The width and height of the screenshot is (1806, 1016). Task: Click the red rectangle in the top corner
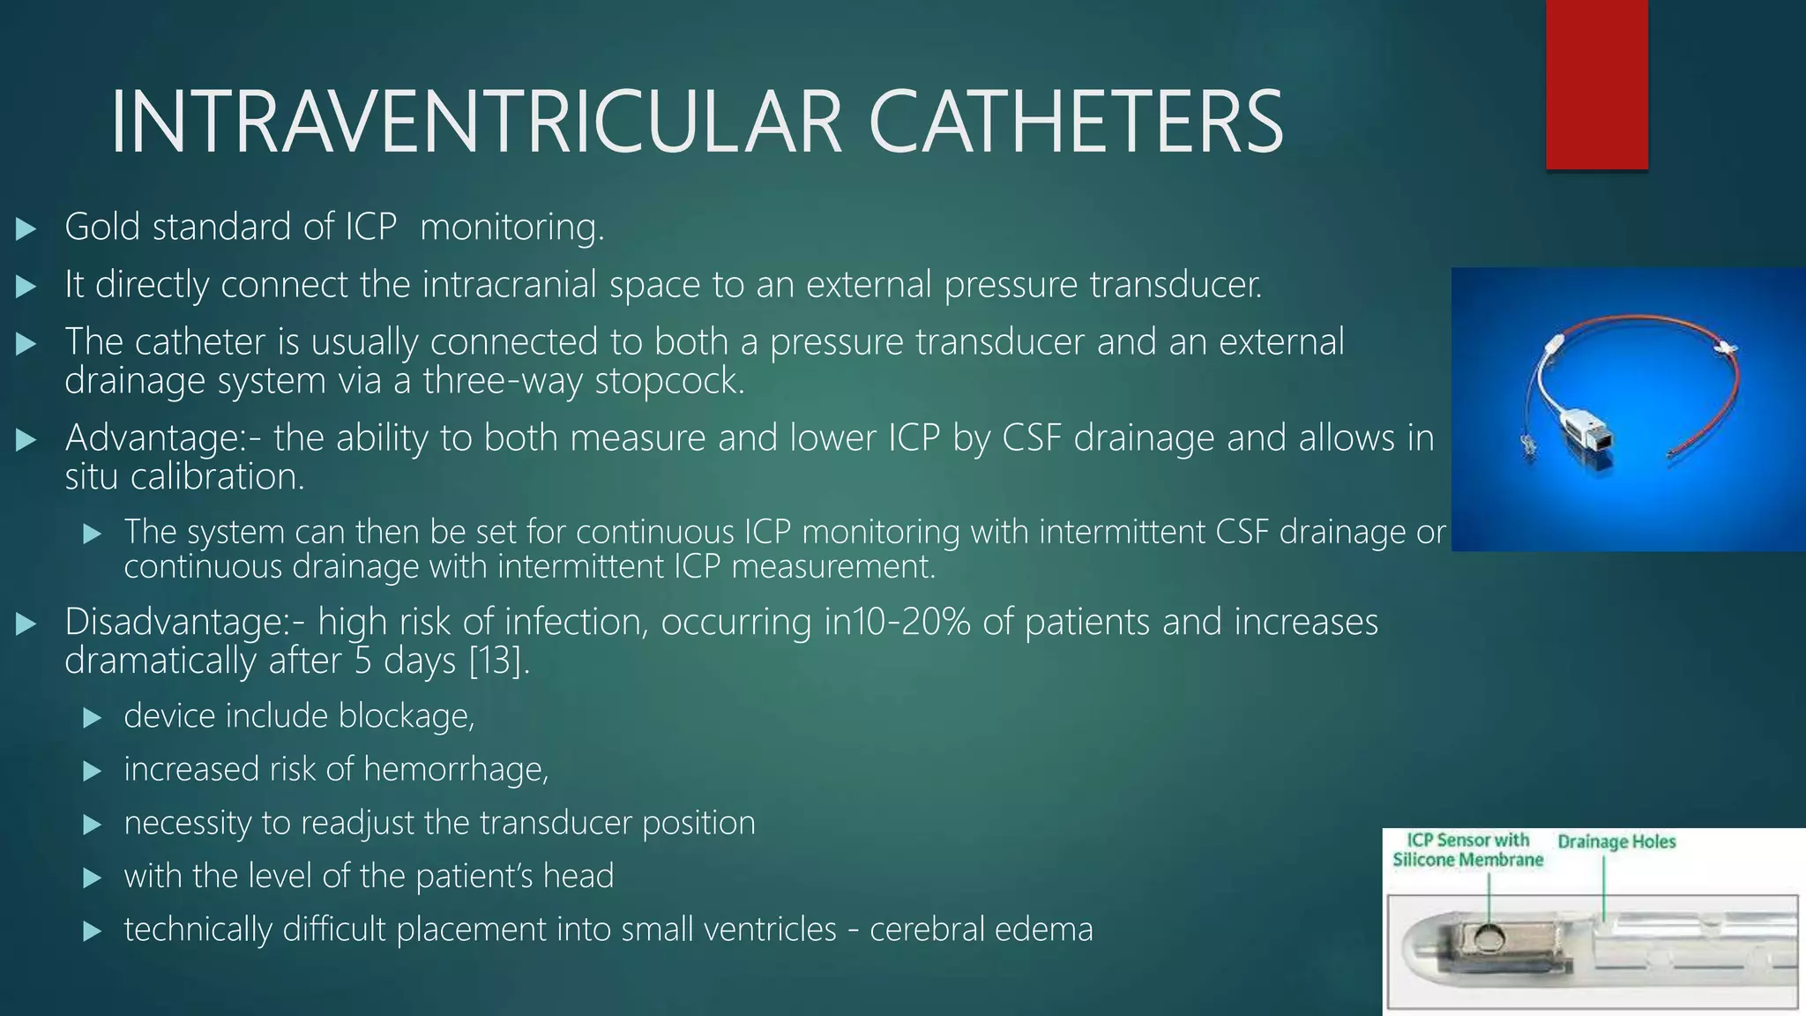point(1596,84)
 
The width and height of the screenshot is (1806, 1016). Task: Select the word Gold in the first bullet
point(102,227)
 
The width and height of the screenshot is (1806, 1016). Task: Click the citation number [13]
point(497,661)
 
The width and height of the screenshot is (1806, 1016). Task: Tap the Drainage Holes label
point(1616,841)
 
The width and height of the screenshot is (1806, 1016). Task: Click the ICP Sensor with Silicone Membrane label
point(1468,850)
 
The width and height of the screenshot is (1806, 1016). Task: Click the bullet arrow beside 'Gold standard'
point(26,229)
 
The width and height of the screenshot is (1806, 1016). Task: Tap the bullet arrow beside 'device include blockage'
point(92,718)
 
